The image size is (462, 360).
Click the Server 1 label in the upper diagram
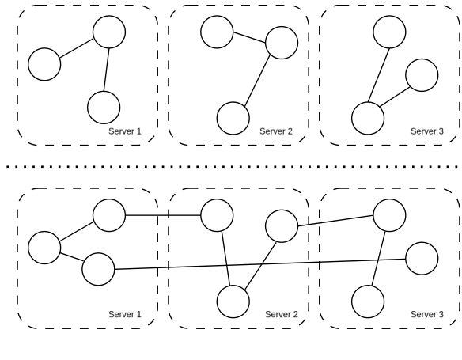click(x=124, y=131)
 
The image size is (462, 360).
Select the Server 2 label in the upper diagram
click(x=276, y=131)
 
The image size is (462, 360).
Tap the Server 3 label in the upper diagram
click(x=428, y=131)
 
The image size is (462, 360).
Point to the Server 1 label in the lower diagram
click(x=124, y=314)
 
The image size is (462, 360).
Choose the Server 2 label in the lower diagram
click(x=281, y=314)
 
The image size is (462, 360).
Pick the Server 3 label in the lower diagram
click(x=428, y=314)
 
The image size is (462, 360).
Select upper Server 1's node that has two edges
click(x=109, y=32)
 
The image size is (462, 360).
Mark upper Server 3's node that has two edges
click(x=367, y=118)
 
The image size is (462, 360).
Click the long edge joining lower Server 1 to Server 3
click(x=261, y=264)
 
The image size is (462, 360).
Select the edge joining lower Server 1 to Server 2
click(x=162, y=214)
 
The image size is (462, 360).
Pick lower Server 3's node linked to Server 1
click(x=421, y=258)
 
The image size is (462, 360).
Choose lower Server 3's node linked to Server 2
click(x=389, y=214)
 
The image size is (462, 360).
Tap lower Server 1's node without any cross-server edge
click(x=44, y=247)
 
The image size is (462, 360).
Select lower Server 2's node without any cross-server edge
click(x=233, y=301)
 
